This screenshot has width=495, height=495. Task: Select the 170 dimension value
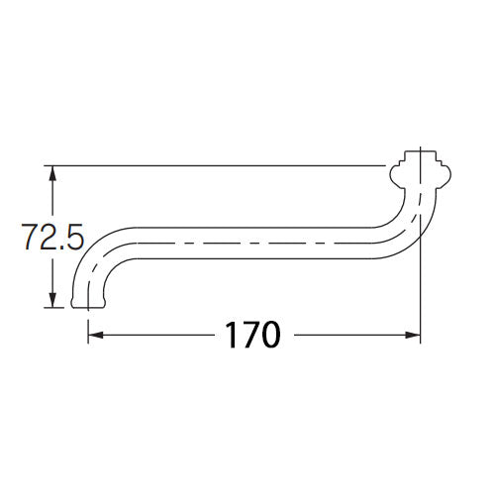click(x=250, y=335)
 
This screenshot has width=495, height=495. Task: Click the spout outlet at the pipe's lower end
click(x=89, y=301)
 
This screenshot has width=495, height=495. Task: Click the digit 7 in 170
click(x=248, y=335)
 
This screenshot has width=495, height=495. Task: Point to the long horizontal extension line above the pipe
click(x=218, y=164)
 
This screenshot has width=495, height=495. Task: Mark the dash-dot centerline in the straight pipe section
click(x=247, y=243)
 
